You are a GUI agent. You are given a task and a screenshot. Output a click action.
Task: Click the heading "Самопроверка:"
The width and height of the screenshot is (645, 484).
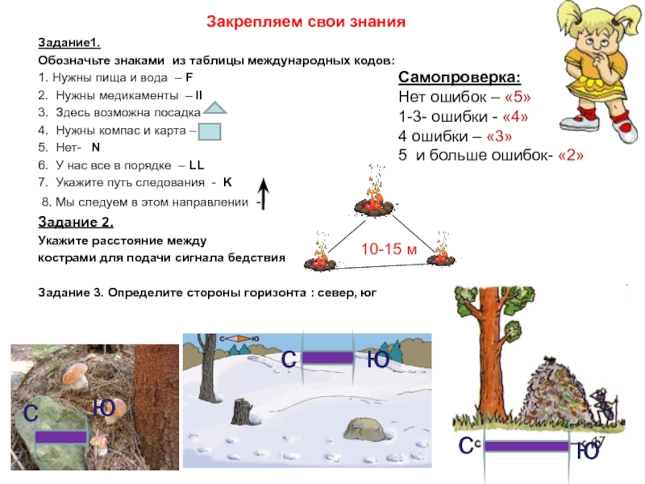coord(460,79)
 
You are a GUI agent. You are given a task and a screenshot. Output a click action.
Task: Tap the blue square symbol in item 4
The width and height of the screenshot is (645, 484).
coord(210,130)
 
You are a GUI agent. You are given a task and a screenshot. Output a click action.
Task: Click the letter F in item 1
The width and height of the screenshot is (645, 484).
coord(189,79)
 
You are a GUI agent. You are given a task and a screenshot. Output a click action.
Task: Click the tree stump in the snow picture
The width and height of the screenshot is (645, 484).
coord(242,411)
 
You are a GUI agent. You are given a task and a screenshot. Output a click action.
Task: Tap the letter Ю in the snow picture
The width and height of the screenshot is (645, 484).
coord(378,360)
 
